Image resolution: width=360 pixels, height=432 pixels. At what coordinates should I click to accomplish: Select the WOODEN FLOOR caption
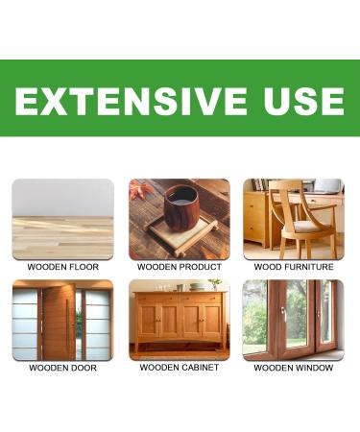62,267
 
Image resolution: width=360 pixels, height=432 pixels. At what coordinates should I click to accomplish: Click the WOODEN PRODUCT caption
180,267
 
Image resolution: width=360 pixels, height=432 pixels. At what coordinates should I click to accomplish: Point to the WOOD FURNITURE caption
294,267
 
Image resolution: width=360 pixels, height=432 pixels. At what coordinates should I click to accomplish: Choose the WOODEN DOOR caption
62,368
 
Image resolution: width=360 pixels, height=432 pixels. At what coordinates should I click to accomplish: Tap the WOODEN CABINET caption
180,368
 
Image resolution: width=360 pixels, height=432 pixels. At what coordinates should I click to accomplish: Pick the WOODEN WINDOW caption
294,368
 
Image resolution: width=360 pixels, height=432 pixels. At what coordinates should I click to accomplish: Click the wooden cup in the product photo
180,206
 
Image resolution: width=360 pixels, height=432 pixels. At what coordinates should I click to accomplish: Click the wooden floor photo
62,219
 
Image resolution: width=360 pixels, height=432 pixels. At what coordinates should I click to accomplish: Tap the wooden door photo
62,320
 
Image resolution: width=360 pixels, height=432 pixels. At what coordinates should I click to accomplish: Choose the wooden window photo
294,320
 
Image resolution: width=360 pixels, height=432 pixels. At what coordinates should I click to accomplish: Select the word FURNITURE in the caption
306,267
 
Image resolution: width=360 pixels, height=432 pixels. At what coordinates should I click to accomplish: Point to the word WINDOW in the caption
313,368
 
